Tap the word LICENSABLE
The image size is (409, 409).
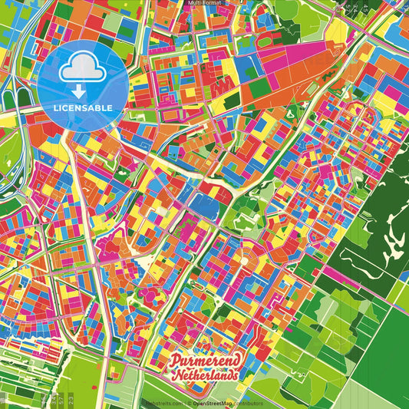[83, 108]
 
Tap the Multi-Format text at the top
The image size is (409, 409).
[204, 3]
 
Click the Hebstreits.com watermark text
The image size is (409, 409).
[163, 402]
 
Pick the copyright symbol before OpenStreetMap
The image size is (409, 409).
[189, 402]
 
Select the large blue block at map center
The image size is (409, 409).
[206, 204]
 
